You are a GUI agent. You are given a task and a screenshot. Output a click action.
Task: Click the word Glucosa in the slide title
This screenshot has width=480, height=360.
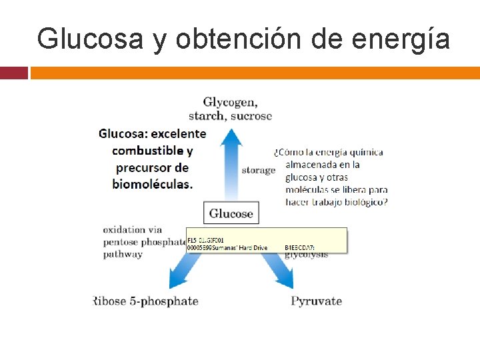point(89,39)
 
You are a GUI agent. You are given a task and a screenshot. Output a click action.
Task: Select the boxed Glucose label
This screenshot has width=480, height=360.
point(231,213)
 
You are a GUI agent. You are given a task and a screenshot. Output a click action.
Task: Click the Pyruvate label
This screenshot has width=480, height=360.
point(316,301)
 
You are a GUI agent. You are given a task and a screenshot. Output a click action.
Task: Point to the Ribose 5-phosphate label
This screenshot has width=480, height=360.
point(147,301)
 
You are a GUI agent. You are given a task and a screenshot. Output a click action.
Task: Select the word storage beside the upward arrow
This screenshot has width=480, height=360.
point(258,170)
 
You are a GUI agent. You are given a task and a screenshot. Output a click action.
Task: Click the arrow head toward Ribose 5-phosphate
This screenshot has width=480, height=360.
point(177,279)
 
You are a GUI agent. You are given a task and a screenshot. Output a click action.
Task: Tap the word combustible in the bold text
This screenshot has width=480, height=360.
point(145,151)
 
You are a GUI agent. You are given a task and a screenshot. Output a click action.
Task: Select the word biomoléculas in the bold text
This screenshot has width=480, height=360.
point(152,184)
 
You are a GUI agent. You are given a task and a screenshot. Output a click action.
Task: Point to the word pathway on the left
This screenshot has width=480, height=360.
point(123,254)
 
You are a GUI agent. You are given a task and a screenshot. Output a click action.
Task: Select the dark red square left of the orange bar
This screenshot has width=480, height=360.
point(14,73)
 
